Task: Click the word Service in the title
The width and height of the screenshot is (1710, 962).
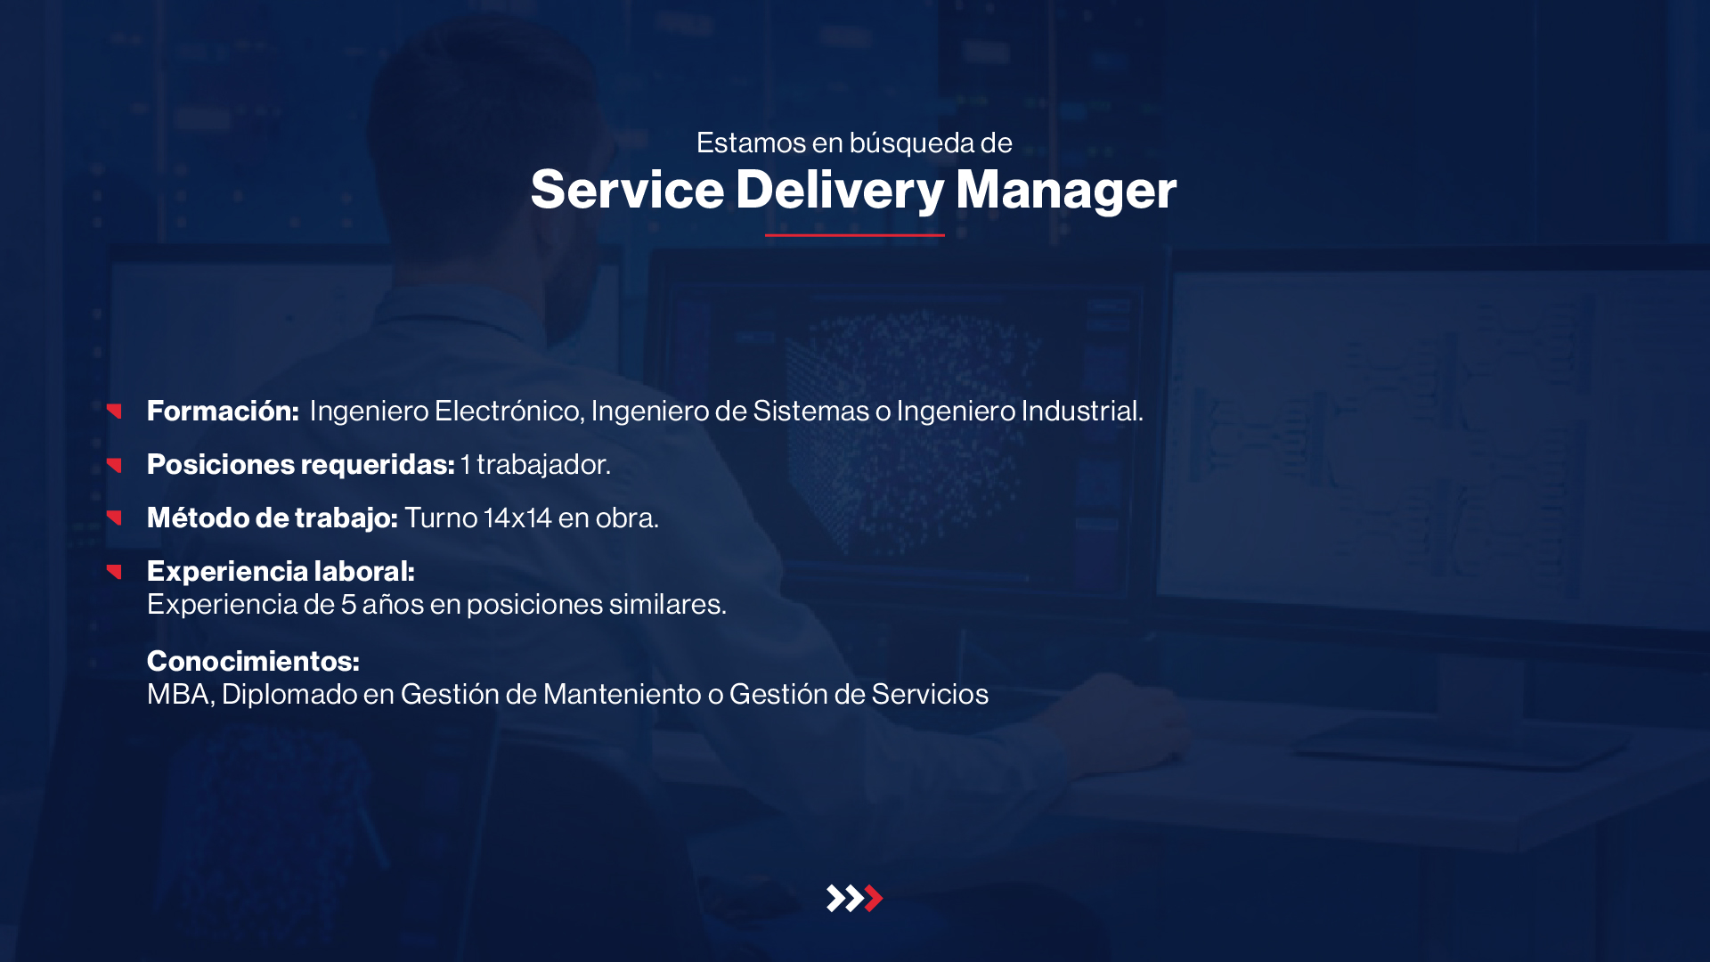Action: (x=627, y=189)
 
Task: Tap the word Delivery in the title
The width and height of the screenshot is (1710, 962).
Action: (x=840, y=191)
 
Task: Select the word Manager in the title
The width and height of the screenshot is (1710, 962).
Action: (x=1066, y=191)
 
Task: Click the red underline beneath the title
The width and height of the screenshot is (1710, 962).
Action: (x=854, y=235)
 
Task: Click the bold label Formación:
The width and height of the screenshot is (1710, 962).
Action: (x=223, y=411)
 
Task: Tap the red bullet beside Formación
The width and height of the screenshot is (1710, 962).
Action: (x=114, y=411)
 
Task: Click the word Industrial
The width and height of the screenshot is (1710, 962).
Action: (x=1081, y=411)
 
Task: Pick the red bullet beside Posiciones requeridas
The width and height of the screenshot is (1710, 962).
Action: (x=114, y=465)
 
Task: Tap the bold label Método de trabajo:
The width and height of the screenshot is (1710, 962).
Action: (x=273, y=518)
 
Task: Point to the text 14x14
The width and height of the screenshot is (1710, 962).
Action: (x=517, y=518)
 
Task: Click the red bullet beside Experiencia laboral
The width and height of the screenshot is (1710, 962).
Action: (x=114, y=571)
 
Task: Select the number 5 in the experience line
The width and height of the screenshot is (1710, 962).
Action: (x=348, y=604)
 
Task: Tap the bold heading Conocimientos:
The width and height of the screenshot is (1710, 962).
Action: (x=253, y=661)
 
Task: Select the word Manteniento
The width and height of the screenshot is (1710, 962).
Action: (x=622, y=694)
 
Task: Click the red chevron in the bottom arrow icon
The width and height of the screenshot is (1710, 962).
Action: (x=875, y=898)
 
